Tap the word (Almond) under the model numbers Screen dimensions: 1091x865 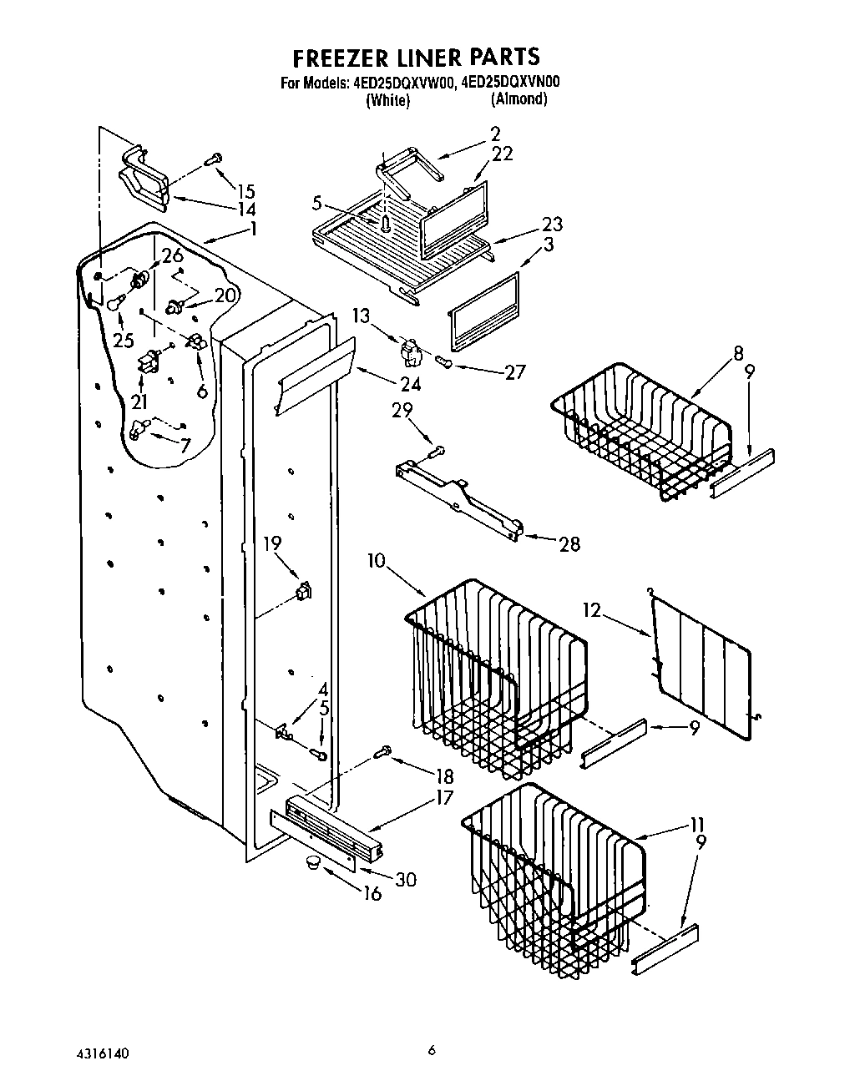click(x=519, y=98)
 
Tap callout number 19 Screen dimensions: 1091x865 click(x=272, y=544)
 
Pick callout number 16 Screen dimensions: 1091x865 click(x=372, y=894)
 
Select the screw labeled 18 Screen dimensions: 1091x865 click(x=384, y=752)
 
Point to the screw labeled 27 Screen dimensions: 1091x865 click(x=444, y=361)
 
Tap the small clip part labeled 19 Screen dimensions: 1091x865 click(x=302, y=593)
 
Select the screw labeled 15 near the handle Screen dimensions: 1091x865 click(x=214, y=159)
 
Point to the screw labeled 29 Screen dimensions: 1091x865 click(x=438, y=452)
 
